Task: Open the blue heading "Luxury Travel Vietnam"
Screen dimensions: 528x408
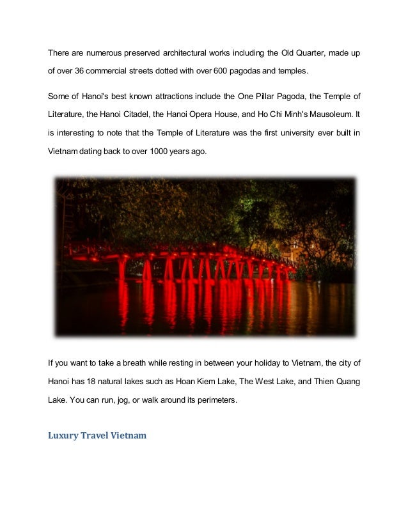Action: click(x=97, y=436)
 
